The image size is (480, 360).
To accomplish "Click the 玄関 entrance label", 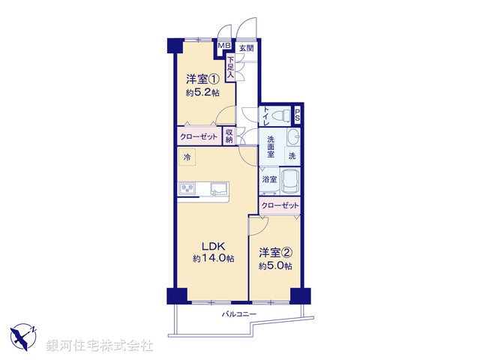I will tap(246, 48).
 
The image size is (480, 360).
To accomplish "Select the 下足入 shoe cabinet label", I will tap(232, 68).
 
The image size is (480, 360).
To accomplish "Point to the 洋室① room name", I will tap(202, 79).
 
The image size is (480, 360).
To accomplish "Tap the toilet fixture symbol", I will tap(279, 115).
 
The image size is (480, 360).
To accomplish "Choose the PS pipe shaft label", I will tap(298, 115).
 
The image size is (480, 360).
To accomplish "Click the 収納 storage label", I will tap(229, 136).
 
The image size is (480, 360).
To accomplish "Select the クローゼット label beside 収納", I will tap(198, 137).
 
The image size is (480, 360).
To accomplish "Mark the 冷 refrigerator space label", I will tap(187, 157).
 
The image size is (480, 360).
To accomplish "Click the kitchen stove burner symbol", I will tap(187, 187).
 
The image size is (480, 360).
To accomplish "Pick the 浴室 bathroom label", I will tap(269, 180).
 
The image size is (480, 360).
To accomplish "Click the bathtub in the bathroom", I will tap(291, 181).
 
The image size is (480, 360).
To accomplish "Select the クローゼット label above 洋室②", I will tap(280, 205).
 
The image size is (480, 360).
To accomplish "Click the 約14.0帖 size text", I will tap(212, 259).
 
